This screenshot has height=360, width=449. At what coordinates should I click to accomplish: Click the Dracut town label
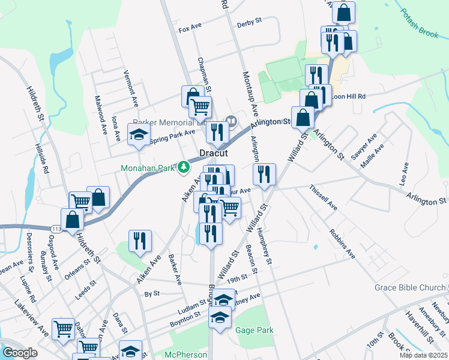click(x=213, y=153)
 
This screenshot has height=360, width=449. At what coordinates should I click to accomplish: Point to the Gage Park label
click(x=255, y=330)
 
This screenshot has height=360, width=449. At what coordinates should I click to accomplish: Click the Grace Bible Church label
click(x=411, y=287)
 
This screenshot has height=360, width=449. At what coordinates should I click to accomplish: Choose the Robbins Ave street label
click(x=342, y=244)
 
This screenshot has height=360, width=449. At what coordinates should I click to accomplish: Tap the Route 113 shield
click(x=57, y=229)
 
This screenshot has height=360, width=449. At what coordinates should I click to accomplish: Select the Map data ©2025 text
click(x=424, y=355)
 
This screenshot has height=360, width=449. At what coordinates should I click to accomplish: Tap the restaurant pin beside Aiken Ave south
click(x=139, y=241)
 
